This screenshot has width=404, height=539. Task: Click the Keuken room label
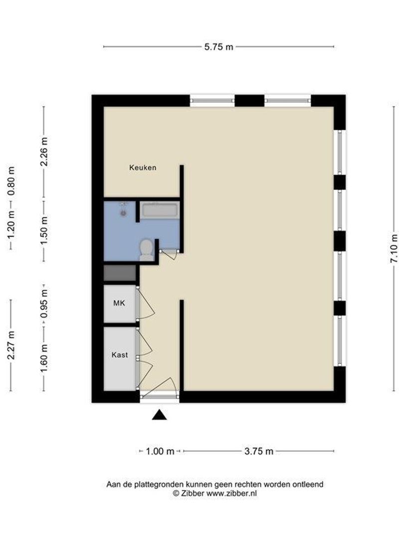[x=143, y=168]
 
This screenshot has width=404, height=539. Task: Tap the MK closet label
[x=119, y=303]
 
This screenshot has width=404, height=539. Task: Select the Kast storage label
[x=119, y=355]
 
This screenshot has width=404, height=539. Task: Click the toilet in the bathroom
[x=146, y=249]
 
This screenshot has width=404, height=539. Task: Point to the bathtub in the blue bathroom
[x=159, y=210]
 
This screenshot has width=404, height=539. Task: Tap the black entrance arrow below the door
[x=159, y=415]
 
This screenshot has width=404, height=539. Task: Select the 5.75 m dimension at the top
[x=218, y=47]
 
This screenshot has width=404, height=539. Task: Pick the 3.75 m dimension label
[x=258, y=452]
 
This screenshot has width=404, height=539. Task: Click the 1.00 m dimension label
[x=160, y=452]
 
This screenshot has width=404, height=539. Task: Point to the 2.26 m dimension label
[x=44, y=152]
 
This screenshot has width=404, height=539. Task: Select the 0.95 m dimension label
[x=44, y=304]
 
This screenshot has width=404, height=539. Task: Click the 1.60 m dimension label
[x=44, y=358]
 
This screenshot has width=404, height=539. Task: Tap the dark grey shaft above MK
[x=120, y=273]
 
